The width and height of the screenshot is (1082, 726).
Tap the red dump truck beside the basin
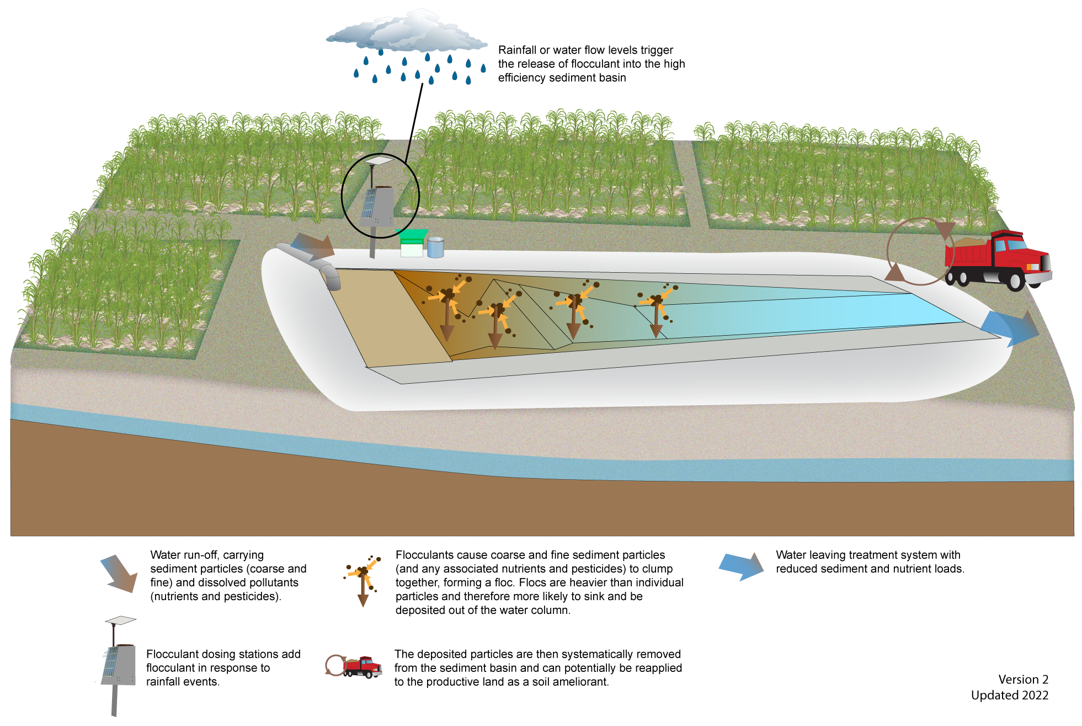(x=996, y=259)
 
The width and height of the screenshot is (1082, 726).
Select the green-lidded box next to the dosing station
(x=412, y=243)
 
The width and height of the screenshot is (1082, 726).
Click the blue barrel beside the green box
(x=435, y=247)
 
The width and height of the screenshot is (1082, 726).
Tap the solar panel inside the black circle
(x=369, y=203)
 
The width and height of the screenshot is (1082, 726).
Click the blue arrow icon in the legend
(x=741, y=566)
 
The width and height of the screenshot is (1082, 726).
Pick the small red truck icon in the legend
(x=361, y=667)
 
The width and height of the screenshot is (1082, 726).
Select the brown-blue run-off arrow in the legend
(x=119, y=574)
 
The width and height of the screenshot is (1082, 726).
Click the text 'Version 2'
(x=1023, y=680)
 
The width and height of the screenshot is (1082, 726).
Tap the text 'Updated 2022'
(x=1009, y=695)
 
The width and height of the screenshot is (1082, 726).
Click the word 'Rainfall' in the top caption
(x=517, y=50)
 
